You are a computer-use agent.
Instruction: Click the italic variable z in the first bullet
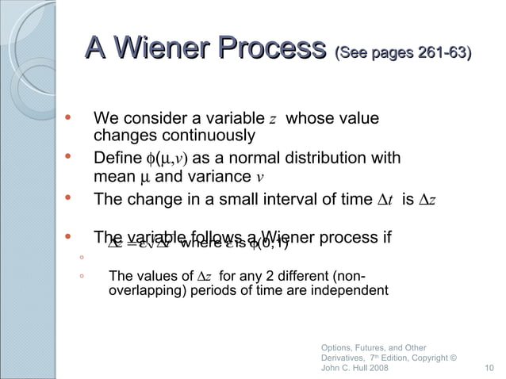272,121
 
